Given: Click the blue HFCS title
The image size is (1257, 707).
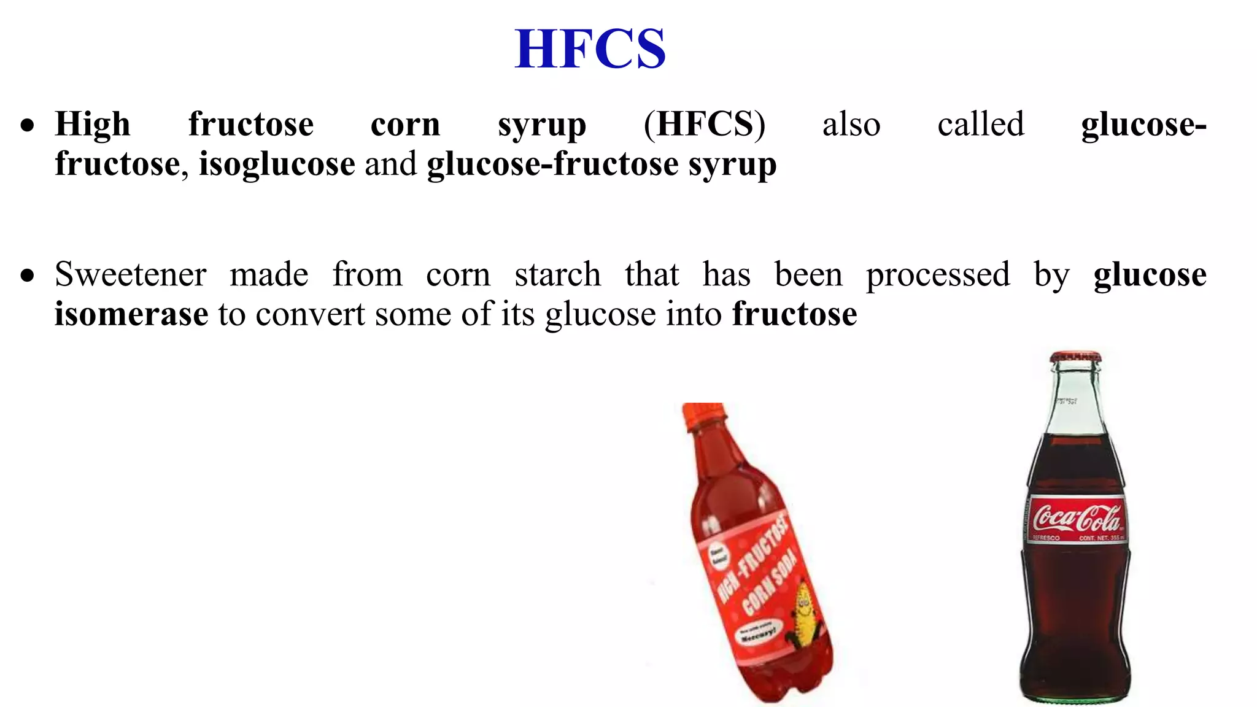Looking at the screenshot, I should point(590,49).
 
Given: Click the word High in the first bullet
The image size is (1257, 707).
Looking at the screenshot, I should point(93,124).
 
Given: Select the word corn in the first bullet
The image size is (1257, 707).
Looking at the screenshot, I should point(405,124).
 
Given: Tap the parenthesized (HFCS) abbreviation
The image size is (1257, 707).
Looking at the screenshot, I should point(704,124).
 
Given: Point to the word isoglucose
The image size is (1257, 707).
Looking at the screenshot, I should point(277,164).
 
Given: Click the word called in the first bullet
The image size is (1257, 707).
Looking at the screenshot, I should point(980,124).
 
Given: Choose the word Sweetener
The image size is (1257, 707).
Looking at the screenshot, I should point(131,274).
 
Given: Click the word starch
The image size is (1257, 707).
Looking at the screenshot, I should point(557,274).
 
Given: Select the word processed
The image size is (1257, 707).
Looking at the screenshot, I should point(937,274).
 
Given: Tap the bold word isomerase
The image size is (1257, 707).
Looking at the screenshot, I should point(131,314).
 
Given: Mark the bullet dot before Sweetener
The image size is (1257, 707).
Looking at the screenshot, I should point(27,276).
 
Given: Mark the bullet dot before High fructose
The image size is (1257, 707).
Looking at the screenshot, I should point(27,126).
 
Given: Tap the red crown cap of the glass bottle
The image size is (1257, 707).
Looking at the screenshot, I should point(1075,357).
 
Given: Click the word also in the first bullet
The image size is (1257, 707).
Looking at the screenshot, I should point(851,124).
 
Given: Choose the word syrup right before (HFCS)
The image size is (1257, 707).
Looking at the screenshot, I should point(541,125).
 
